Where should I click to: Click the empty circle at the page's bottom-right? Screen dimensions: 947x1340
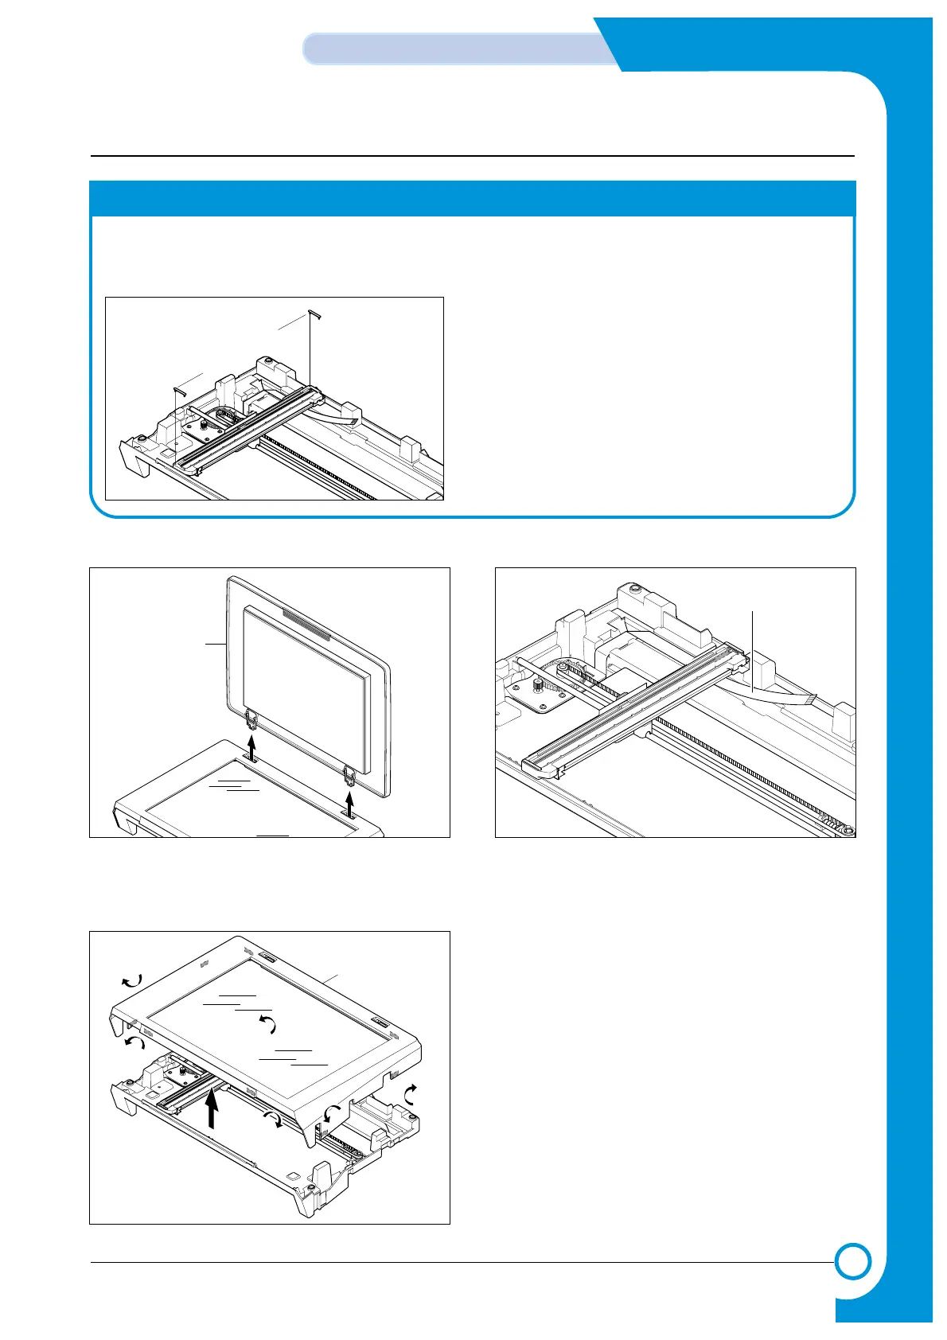click(x=852, y=1261)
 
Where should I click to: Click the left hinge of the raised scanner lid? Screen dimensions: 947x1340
click(x=251, y=720)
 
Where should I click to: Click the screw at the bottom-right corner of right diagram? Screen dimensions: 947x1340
click(x=849, y=830)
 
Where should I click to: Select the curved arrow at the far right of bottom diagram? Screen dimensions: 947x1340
click(x=411, y=1096)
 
